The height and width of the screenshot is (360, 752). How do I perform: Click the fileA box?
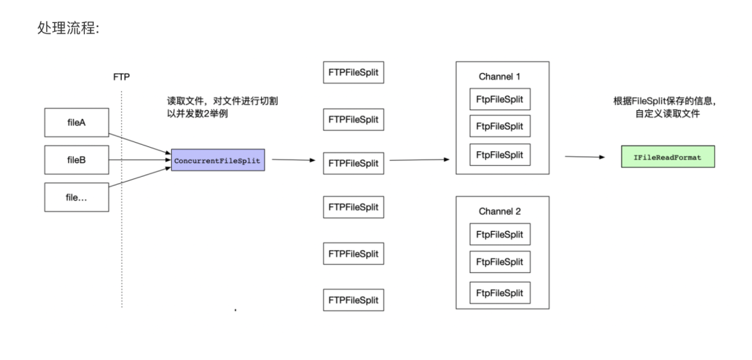coord(75,123)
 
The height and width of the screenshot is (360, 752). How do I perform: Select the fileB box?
coord(75,160)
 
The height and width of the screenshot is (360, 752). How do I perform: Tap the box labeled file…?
coord(75,197)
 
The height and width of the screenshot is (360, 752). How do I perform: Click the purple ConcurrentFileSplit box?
coord(218,160)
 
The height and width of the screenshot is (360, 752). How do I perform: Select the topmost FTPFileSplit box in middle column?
coord(354,74)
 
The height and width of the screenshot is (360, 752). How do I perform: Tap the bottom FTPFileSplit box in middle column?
coord(354,300)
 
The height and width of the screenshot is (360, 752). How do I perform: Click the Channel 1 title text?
coord(499,76)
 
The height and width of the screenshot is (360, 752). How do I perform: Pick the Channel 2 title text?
coord(499,210)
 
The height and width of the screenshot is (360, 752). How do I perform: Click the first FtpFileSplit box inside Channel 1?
coord(499,100)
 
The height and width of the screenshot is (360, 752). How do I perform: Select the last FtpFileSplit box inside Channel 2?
coord(499,291)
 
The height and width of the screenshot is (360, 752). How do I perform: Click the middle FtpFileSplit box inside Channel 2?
coord(499,263)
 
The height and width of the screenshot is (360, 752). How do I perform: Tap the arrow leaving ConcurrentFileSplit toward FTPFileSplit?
coord(290,160)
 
